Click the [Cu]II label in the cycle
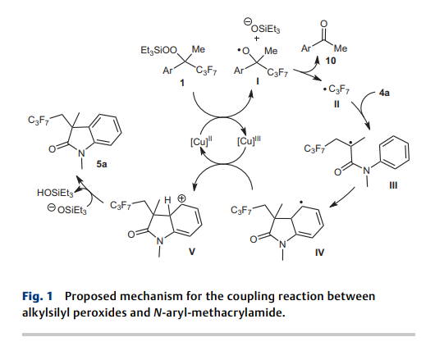point(201,142)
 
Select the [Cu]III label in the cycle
point(249,141)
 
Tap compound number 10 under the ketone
point(331,61)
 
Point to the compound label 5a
point(102,164)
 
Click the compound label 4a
point(384,93)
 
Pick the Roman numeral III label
point(393,185)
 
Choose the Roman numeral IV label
point(319,253)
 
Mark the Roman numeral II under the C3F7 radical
point(337,104)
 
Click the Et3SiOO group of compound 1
point(158,50)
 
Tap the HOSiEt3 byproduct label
point(55,193)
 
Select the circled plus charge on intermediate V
point(181,198)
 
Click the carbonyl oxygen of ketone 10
point(323,24)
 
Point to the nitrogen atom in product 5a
point(80,153)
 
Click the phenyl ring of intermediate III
point(394,152)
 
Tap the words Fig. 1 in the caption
point(38,296)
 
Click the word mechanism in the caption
point(152,296)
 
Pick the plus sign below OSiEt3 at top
point(257,39)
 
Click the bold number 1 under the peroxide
point(182,83)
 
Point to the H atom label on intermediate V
point(167,200)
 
